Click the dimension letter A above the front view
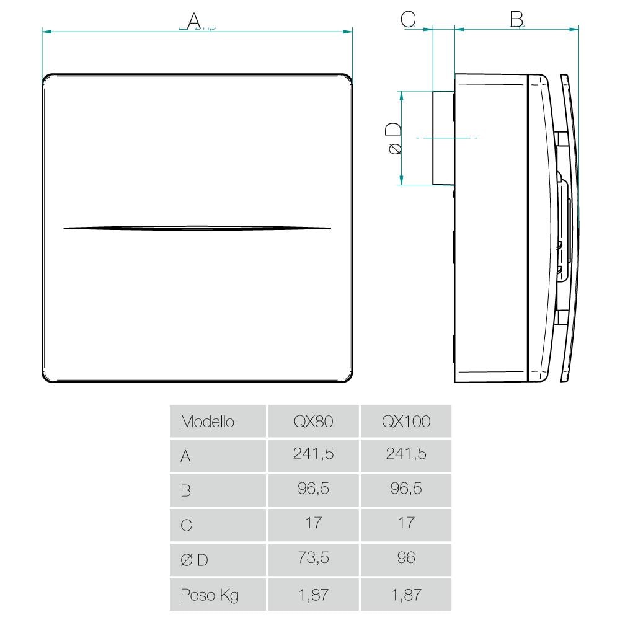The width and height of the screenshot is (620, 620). pyautogui.click(x=193, y=21)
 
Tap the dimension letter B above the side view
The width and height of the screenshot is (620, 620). pyautogui.click(x=516, y=19)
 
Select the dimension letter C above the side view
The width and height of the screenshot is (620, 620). pyautogui.click(x=408, y=19)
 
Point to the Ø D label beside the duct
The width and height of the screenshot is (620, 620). pyautogui.click(x=394, y=138)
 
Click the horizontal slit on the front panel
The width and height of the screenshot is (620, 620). pyautogui.click(x=197, y=228)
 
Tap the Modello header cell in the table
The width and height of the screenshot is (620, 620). pyautogui.click(x=207, y=422)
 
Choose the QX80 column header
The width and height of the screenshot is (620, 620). pyautogui.click(x=313, y=422)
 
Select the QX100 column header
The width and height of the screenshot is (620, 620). pyautogui.click(x=406, y=422)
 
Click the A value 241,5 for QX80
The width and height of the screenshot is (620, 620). pyautogui.click(x=313, y=454)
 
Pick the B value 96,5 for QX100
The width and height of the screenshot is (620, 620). pyautogui.click(x=406, y=489)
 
